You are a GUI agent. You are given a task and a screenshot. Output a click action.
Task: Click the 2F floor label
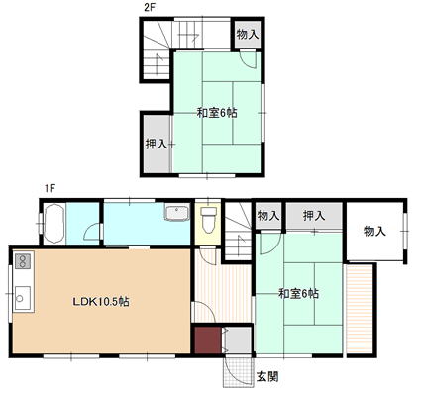click(150, 8)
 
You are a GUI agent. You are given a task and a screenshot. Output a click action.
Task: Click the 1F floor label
click(50, 188)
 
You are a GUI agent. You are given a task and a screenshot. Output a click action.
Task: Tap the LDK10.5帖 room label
click(101, 301)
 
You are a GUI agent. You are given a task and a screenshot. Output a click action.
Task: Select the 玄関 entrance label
click(267, 376)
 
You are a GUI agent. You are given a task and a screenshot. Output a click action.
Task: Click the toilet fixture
click(209, 219)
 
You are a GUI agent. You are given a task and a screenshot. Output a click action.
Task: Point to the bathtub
click(53, 224)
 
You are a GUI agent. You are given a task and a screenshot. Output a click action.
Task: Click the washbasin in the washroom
click(176, 212)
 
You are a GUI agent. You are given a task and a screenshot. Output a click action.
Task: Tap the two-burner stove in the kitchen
click(23, 260)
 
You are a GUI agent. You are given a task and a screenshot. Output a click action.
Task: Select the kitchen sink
click(23, 298)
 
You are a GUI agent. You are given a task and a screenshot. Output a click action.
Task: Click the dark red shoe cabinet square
click(207, 341)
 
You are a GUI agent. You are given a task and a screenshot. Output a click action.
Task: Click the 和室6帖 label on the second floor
click(217, 113)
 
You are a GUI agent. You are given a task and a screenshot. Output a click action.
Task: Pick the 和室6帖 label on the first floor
click(298, 293)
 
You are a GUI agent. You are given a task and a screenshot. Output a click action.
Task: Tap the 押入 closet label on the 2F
click(157, 144)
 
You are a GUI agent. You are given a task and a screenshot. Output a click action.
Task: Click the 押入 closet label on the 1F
click(314, 216)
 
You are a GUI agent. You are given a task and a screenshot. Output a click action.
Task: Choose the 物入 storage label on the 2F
click(248, 34)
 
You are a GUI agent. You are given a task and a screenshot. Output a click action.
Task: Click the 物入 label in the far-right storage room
click(374, 231)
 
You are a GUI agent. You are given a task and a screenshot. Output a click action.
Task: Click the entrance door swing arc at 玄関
click(231, 372)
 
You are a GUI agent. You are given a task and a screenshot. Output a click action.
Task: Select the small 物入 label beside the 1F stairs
click(268, 216)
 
